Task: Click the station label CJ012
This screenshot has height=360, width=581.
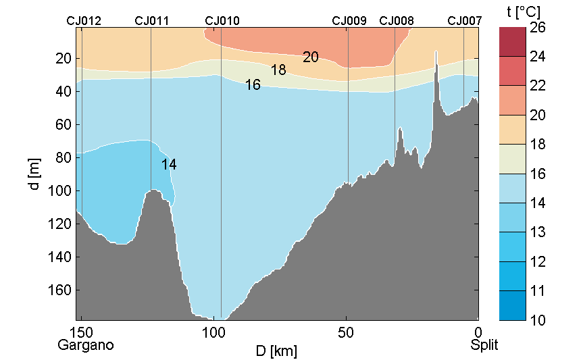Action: click(84, 21)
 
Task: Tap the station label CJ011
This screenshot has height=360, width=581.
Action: click(152, 21)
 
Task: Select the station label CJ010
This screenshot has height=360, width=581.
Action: click(222, 21)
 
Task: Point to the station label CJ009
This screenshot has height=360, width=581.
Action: click(349, 21)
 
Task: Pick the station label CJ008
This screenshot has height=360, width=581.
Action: click(397, 21)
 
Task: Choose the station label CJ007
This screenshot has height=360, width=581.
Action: click(465, 21)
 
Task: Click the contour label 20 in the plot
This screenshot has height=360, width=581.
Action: click(311, 57)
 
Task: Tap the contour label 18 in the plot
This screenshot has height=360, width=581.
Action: click(278, 70)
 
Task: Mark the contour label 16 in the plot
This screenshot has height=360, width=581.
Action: click(253, 85)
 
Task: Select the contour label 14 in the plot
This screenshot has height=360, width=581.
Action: click(169, 164)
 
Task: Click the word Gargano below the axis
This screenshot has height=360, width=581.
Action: click(85, 345)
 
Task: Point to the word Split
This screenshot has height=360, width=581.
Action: click(484, 345)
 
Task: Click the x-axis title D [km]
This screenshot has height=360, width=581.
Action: click(276, 351)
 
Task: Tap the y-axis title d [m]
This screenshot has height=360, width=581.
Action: click(35, 174)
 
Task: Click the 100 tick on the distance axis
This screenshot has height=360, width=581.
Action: click(213, 333)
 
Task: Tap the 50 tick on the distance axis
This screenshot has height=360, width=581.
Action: click(346, 333)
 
